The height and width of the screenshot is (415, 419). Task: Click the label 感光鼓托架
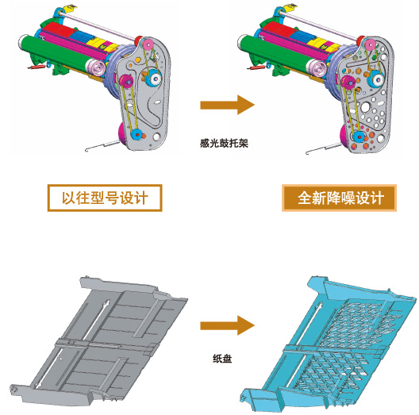[x=224, y=144]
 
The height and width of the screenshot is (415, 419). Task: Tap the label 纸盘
[x=222, y=359]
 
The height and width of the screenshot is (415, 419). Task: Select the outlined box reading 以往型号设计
[x=105, y=198]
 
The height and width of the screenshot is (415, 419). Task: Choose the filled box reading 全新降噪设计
[x=339, y=198]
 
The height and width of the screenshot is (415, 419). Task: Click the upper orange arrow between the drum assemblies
[x=227, y=105]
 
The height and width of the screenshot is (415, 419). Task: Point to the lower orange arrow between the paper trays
[x=227, y=325]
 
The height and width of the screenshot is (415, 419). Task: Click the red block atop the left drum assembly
[x=56, y=30]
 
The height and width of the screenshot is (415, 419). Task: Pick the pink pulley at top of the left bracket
[x=147, y=44]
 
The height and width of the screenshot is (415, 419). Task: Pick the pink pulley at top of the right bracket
[x=371, y=44]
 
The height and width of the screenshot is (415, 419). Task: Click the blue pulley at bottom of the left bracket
[x=136, y=133]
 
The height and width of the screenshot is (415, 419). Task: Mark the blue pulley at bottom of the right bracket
[x=359, y=136]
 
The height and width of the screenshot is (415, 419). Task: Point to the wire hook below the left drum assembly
[x=102, y=146]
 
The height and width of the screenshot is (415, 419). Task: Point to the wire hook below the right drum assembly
[x=323, y=148]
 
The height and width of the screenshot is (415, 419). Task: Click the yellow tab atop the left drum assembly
[x=71, y=8]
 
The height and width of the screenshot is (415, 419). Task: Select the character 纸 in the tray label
[x=217, y=359]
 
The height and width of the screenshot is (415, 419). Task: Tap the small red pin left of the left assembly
[x=36, y=67]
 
